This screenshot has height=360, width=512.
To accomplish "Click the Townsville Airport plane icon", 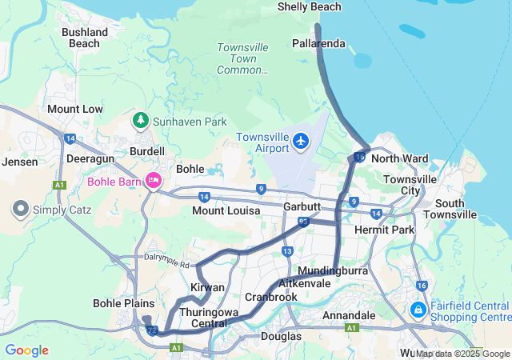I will (x=301, y=142).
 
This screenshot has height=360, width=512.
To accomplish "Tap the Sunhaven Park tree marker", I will (x=141, y=121).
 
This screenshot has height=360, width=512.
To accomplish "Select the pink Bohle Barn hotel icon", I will (x=152, y=181).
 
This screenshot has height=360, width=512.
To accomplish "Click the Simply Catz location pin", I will (x=20, y=210).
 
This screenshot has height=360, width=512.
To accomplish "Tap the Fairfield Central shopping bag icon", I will (x=417, y=309).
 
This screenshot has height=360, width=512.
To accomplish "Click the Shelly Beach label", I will (x=309, y=7).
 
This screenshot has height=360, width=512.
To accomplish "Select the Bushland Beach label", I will (x=85, y=38).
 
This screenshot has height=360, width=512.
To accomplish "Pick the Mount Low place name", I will (x=75, y=109).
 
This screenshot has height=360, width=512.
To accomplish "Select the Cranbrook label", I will (x=270, y=297).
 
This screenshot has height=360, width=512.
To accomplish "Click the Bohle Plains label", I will (x=118, y=303).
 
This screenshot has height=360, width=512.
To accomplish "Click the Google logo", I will (x=26, y=350).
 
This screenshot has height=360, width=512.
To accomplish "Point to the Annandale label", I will (x=349, y=316).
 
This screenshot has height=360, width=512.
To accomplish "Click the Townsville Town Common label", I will (x=242, y=58).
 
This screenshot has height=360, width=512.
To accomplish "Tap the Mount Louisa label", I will (x=226, y=211).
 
